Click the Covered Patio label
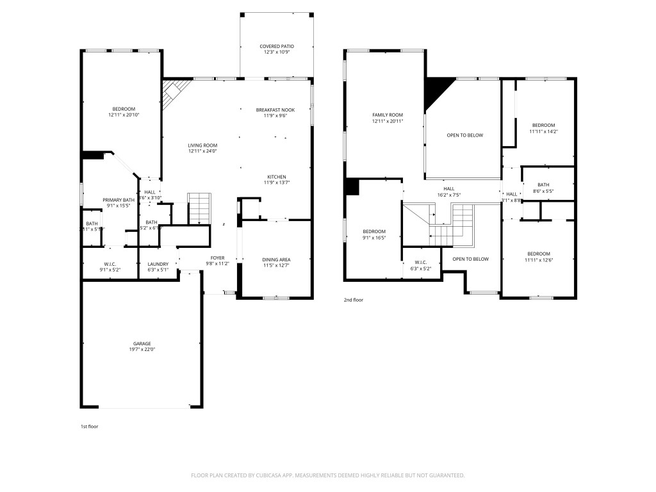click(x=276, y=46)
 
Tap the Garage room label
click(x=142, y=343)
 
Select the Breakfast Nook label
click(x=275, y=110)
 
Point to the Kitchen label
click(x=277, y=177)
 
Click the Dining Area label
click(x=276, y=259)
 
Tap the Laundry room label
click(x=158, y=264)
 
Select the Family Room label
click(x=387, y=115)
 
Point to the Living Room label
click(x=202, y=145)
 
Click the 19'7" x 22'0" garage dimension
click(x=142, y=350)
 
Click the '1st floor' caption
click(x=89, y=426)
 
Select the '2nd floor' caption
click(x=354, y=299)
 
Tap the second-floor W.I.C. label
click(x=420, y=262)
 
